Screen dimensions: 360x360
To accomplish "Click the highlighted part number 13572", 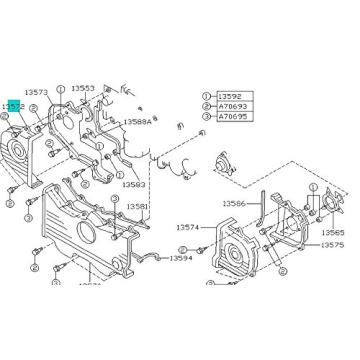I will (13, 105).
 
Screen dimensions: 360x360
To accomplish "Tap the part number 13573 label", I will (35, 92).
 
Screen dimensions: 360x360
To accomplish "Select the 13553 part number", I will (84, 88).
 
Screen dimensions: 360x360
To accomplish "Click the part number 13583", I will (133, 184).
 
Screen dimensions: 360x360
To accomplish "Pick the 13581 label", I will (137, 207).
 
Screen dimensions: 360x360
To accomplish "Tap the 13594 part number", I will (180, 258).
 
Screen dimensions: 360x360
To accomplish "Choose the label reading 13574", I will (188, 228).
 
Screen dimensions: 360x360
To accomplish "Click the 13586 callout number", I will (234, 203).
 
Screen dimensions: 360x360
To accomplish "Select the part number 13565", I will (333, 232).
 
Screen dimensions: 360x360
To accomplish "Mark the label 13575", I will (333, 244).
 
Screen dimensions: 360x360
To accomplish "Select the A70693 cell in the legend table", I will (231, 105).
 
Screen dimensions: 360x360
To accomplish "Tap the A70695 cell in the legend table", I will (231, 116).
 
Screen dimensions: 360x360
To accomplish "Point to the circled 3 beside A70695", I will (207, 116).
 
